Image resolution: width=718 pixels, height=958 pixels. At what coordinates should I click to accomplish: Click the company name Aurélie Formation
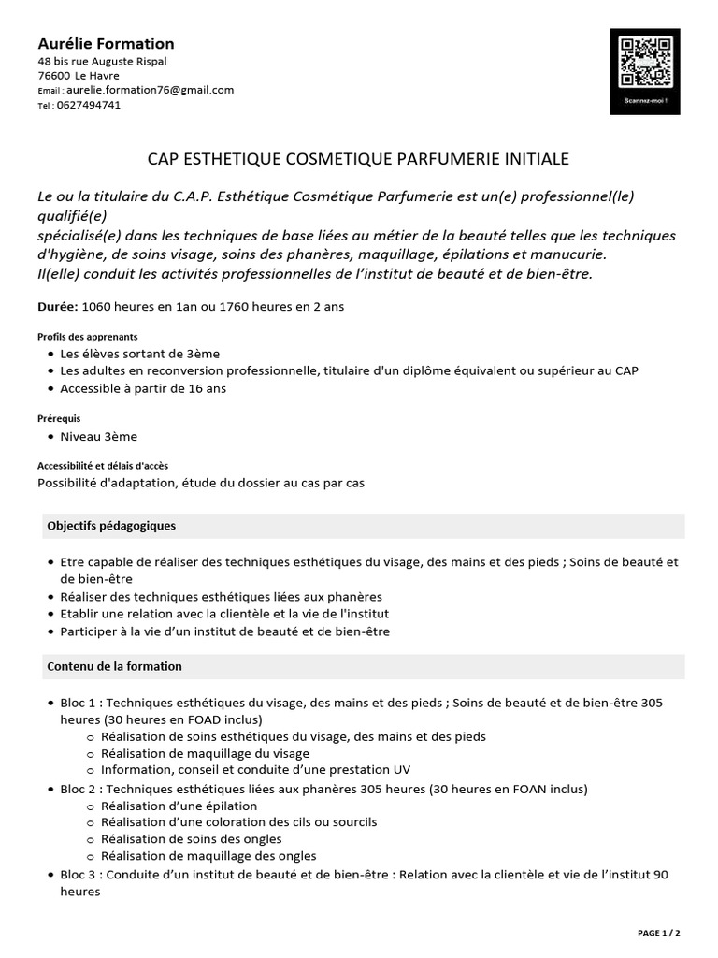click(106, 44)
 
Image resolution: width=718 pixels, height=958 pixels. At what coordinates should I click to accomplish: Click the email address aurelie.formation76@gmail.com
click(150, 90)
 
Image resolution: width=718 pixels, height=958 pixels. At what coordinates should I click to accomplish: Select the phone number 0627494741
click(89, 105)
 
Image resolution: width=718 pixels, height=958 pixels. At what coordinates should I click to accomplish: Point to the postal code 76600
click(53, 76)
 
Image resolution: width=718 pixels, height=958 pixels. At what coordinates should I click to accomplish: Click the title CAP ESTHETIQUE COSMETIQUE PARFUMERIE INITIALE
click(358, 160)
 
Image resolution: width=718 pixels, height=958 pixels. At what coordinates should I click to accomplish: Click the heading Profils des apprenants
click(87, 337)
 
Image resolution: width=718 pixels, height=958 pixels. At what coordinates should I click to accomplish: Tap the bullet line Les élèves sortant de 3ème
click(140, 354)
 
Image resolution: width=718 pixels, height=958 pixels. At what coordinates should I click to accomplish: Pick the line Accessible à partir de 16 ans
click(143, 388)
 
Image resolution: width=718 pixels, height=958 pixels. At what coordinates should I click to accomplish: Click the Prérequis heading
click(59, 419)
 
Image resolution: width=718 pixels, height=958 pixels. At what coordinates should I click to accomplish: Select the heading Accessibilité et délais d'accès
click(103, 466)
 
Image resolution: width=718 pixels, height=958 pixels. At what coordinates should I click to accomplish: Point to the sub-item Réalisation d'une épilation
click(179, 806)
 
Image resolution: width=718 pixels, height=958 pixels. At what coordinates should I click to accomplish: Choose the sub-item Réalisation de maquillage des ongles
click(208, 856)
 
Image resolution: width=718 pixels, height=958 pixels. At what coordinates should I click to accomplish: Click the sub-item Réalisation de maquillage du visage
click(205, 753)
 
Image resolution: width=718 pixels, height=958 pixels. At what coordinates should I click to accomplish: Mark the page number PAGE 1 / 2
click(658, 933)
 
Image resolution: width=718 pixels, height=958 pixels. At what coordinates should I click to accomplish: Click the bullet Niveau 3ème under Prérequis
click(99, 436)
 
